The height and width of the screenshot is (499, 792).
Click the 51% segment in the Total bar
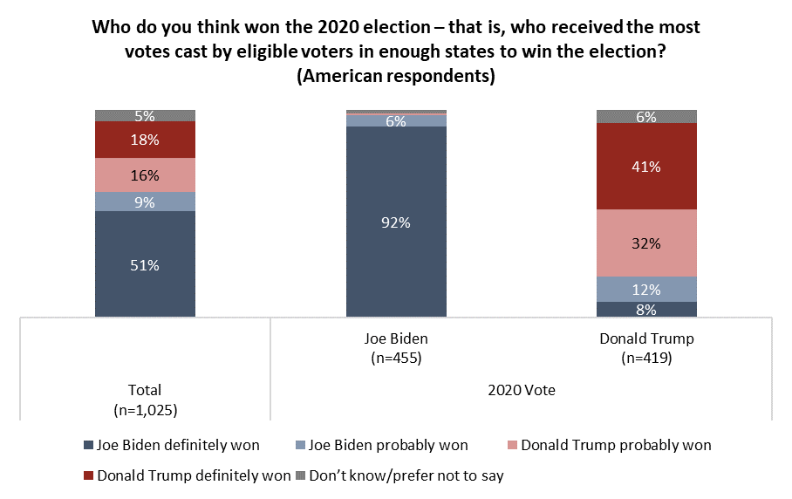[x=145, y=265]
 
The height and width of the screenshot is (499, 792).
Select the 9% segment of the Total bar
[x=145, y=202]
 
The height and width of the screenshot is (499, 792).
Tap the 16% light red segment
[x=145, y=174]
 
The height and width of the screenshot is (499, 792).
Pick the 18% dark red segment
[x=145, y=140]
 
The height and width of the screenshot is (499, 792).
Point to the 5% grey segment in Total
[x=145, y=115]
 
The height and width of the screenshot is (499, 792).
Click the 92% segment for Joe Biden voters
[x=396, y=222]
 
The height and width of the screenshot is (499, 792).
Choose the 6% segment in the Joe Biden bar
[x=396, y=121]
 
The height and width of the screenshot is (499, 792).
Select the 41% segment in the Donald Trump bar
[x=646, y=166]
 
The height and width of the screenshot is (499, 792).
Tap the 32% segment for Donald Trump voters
[x=646, y=243]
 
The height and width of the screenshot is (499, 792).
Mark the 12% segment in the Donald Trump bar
[x=646, y=290]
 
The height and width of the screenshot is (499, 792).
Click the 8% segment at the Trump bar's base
[x=646, y=309]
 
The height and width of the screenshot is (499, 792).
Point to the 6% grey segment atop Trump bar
[x=646, y=116]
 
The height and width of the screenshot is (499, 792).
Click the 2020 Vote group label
[x=522, y=391]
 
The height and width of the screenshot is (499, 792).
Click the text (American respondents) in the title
[x=396, y=76]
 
